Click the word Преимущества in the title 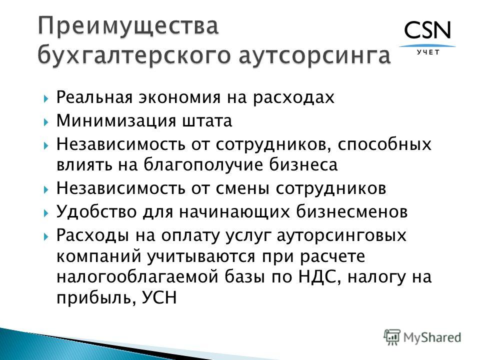pos(128,25)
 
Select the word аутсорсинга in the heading pos(314,55)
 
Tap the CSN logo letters pos(427,30)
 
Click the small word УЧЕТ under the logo pos(428,52)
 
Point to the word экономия pos(179,97)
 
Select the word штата pos(207,121)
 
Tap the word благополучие pos(203,164)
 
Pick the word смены pos(242,188)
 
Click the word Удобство pos(96,211)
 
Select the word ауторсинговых pos(341,235)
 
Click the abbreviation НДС pos(319,276)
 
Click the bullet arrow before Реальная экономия pos(46,98)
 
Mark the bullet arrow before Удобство pos(46,212)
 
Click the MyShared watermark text pos(432,337)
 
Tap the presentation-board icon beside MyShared pos(392,337)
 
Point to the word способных pos(384,144)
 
